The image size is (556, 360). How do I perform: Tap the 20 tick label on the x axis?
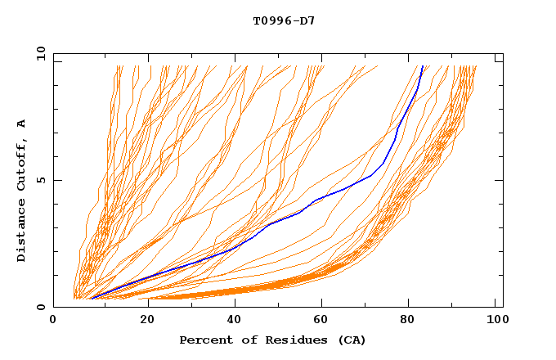click(143, 320)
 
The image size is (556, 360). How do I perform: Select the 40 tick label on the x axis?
click(232, 320)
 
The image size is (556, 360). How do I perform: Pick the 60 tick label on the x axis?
click(322, 320)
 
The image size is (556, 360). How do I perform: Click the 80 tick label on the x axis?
click(411, 320)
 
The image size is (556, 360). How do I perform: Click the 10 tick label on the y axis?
click(41, 53)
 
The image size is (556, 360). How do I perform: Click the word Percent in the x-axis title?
click(202, 340)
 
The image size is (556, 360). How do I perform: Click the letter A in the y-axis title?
click(21, 123)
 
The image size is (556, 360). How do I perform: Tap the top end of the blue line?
click(423, 66)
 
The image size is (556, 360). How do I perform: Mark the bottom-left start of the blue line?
click(91, 299)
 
